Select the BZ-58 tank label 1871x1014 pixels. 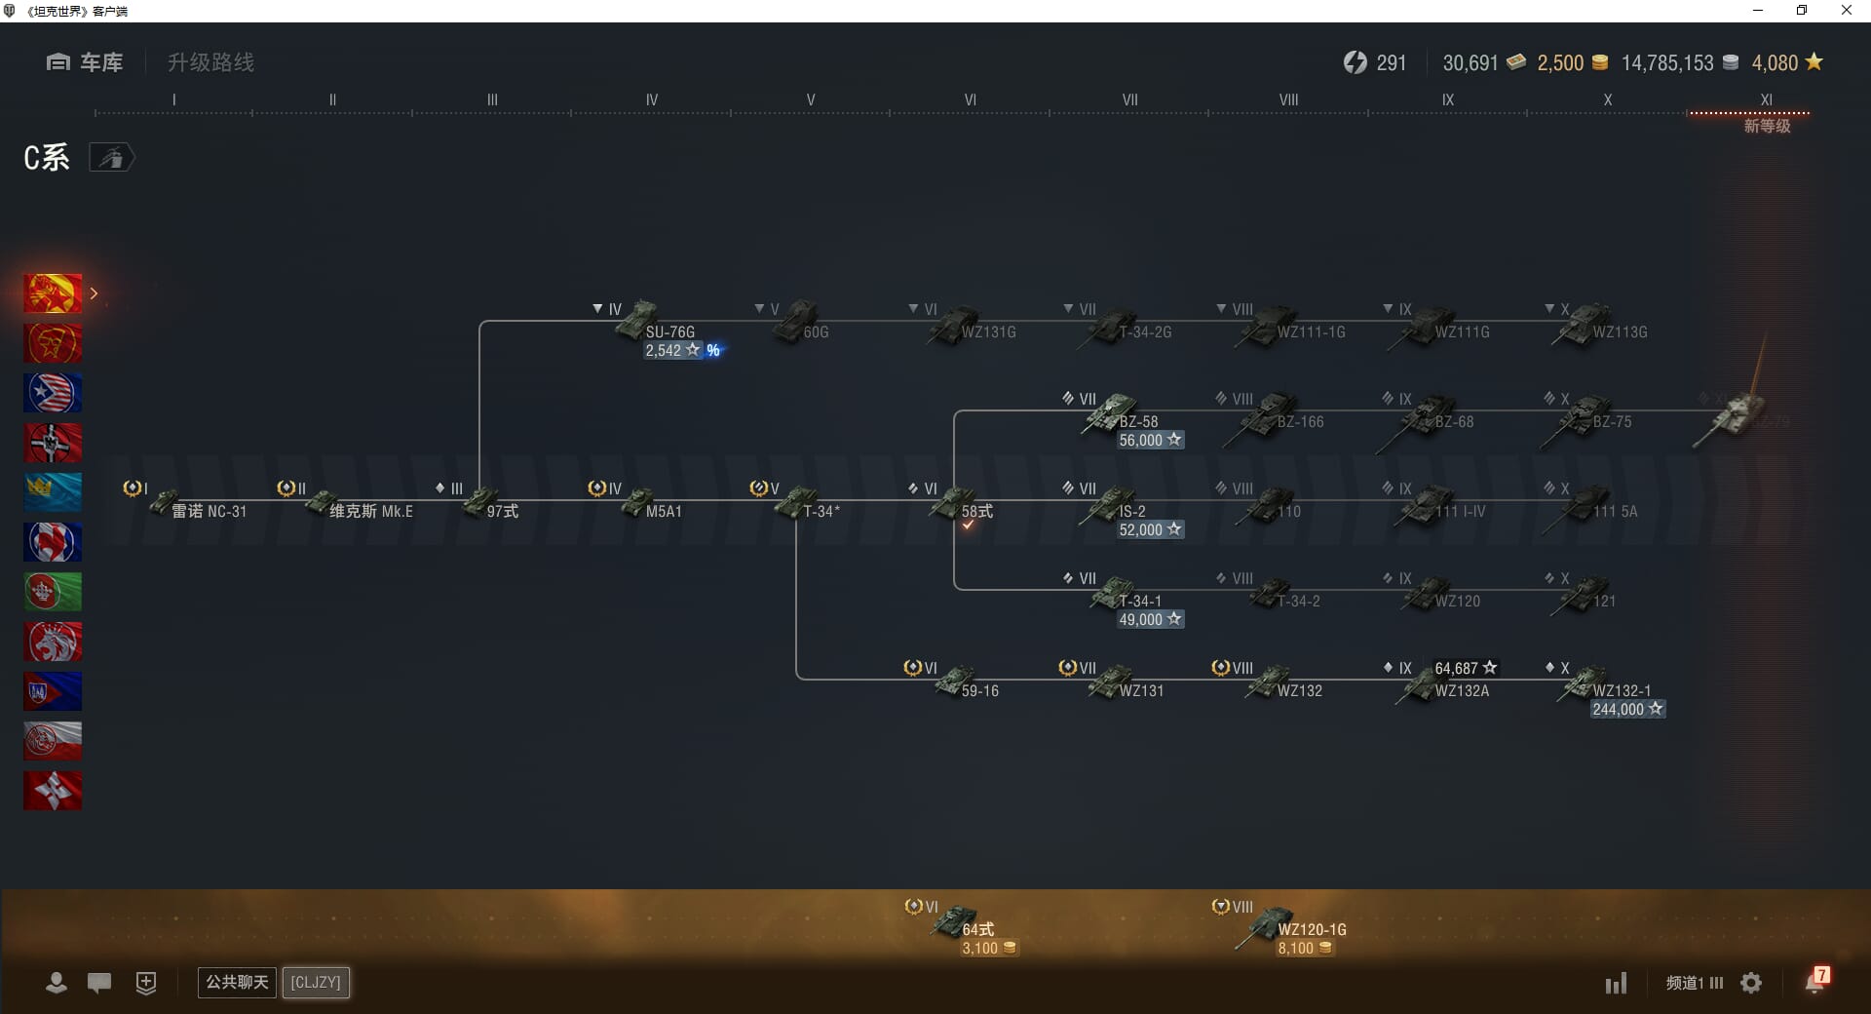click(1138, 421)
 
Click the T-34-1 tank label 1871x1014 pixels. click(1140, 601)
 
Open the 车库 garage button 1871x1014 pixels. click(85, 62)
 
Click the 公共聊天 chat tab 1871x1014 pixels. click(237, 982)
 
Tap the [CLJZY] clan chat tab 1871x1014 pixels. click(316, 982)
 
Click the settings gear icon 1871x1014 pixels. click(1751, 983)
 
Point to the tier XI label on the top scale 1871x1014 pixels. click(1766, 99)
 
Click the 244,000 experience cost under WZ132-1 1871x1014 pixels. click(1619, 710)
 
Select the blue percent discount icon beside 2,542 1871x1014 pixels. click(713, 351)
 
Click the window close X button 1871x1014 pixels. click(1846, 11)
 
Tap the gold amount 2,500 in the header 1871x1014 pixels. click(1560, 63)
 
